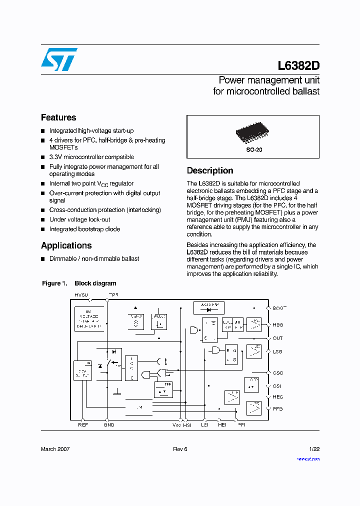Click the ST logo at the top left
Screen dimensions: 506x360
59,59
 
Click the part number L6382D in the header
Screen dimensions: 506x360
298,66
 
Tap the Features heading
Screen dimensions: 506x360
58,117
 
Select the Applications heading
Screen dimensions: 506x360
66,245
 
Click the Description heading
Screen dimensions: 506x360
210,170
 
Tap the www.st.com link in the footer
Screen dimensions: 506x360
308,458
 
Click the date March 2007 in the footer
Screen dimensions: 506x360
55,449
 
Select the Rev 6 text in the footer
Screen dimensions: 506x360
180,449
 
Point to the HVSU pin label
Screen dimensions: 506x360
81,295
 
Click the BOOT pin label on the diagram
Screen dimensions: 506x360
279,308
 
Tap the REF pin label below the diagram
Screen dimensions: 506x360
83,425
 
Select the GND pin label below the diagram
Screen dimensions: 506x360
109,425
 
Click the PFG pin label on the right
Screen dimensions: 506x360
278,408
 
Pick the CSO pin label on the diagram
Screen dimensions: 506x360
278,373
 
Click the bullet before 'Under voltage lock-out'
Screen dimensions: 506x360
43,219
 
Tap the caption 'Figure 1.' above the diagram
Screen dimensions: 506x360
54,283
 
